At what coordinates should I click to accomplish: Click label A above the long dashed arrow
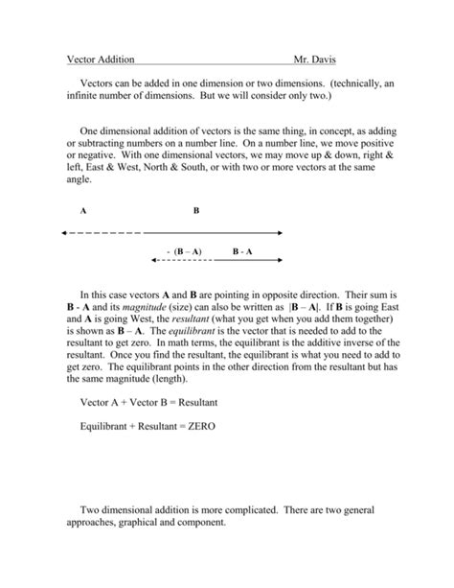click(x=84, y=210)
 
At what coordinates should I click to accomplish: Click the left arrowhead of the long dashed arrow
click(x=61, y=232)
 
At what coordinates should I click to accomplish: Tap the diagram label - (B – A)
click(x=183, y=251)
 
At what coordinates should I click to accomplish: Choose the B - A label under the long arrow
click(x=241, y=251)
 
